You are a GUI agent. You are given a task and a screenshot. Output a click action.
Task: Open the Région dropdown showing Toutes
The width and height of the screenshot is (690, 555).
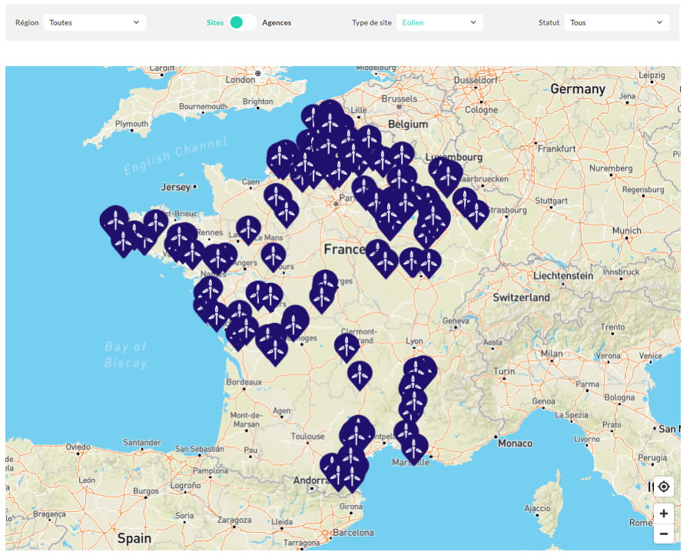point(95,23)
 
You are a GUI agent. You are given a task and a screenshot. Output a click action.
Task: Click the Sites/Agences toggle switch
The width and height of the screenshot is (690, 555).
point(241,23)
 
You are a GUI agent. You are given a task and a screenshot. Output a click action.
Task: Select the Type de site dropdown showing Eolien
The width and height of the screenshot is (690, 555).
point(440,23)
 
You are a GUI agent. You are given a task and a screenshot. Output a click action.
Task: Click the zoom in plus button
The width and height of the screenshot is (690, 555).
point(664,513)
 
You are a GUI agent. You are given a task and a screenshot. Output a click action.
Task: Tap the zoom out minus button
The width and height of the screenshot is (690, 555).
point(664,533)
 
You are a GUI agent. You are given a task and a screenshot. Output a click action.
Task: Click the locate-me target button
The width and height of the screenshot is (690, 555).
point(664,487)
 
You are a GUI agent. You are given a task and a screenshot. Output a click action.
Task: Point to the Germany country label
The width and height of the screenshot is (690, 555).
point(578,89)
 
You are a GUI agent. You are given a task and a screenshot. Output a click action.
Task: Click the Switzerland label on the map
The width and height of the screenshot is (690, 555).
point(521,297)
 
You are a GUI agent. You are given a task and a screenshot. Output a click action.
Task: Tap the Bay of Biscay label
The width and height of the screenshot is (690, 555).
point(125,355)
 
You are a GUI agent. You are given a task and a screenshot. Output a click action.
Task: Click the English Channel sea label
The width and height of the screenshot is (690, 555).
point(176,157)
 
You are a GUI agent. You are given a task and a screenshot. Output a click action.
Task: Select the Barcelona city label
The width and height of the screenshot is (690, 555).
point(353,533)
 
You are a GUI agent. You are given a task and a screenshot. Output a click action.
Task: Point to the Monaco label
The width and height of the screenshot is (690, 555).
point(515,443)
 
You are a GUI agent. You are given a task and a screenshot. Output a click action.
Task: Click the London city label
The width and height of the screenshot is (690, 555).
point(240,79)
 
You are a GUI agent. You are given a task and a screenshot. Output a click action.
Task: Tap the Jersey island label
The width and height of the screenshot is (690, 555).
point(175,187)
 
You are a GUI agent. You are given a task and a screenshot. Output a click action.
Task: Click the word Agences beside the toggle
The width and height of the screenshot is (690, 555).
point(277,23)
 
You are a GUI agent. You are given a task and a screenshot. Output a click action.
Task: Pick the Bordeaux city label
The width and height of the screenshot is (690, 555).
point(244,381)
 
